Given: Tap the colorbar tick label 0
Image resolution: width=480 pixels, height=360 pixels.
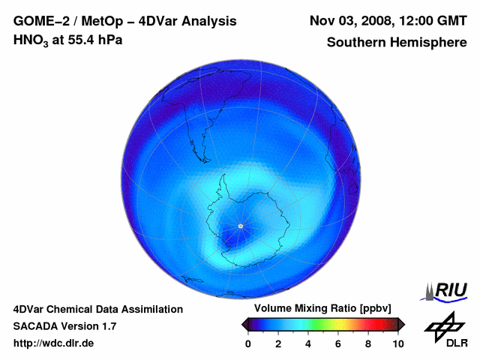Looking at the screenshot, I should [x=248, y=343].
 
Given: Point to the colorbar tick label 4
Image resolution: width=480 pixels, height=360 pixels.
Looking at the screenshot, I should [x=308, y=343].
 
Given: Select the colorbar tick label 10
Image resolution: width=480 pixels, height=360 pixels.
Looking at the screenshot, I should [x=397, y=343].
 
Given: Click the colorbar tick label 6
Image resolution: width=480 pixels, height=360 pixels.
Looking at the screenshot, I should [x=338, y=343].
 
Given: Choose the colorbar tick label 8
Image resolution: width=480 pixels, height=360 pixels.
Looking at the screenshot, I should [x=368, y=343].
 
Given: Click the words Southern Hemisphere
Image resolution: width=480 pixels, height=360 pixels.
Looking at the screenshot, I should [x=396, y=43].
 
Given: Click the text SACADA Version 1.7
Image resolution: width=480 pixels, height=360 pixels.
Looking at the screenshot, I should [x=64, y=326].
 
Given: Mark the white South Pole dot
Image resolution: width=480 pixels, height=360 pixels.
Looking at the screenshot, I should [x=240, y=226].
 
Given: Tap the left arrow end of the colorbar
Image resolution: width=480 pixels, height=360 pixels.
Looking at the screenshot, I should [x=245, y=323].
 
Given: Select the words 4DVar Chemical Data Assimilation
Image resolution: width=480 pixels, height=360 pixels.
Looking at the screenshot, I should [x=97, y=309].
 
